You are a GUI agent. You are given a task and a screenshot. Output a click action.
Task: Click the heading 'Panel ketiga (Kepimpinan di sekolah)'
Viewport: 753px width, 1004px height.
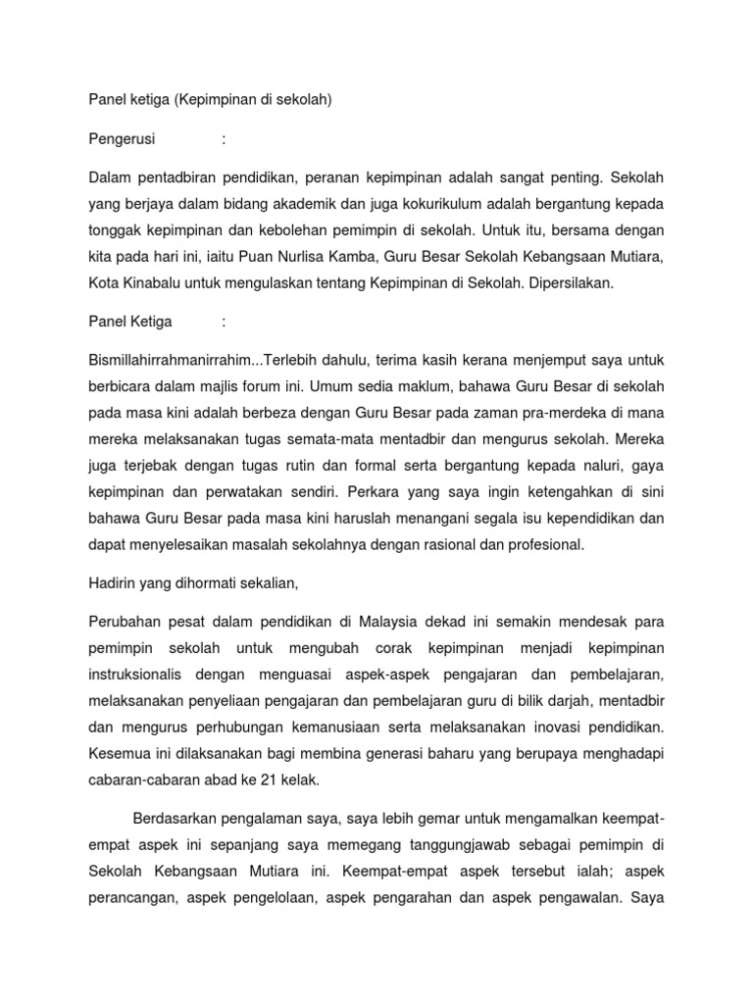click(x=211, y=100)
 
